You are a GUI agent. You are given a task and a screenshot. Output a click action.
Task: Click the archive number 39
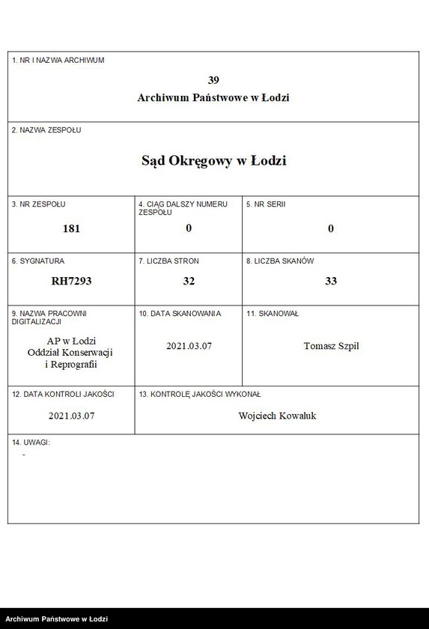(x=213, y=80)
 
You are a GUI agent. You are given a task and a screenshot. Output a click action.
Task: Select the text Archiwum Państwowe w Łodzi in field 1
(x=213, y=97)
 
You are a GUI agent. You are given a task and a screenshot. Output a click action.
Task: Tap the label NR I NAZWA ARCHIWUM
(x=58, y=60)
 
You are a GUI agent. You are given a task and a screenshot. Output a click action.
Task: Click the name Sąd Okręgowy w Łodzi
(x=213, y=160)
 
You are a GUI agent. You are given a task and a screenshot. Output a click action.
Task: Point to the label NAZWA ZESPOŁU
(x=46, y=130)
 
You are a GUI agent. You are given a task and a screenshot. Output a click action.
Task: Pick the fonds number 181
(x=71, y=228)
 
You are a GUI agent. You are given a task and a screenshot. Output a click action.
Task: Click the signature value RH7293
(x=71, y=281)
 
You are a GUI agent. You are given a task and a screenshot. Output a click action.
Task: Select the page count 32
(x=189, y=281)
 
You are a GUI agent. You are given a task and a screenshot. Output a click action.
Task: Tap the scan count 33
(x=331, y=281)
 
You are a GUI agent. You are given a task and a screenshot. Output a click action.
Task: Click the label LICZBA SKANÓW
(x=280, y=261)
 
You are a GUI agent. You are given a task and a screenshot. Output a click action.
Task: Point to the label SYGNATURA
(x=38, y=261)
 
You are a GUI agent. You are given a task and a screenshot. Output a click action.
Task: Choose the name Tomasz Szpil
(x=331, y=346)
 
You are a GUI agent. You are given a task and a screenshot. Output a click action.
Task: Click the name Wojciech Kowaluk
(x=277, y=416)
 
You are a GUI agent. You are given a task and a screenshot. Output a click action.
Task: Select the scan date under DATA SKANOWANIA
(x=189, y=346)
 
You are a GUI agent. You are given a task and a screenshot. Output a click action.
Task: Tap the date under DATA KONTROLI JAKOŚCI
(x=71, y=416)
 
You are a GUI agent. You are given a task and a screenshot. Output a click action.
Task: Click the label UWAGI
(x=31, y=443)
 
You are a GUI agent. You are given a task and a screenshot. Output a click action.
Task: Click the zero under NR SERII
(x=331, y=228)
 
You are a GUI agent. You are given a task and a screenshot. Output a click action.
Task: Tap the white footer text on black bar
(x=57, y=619)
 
